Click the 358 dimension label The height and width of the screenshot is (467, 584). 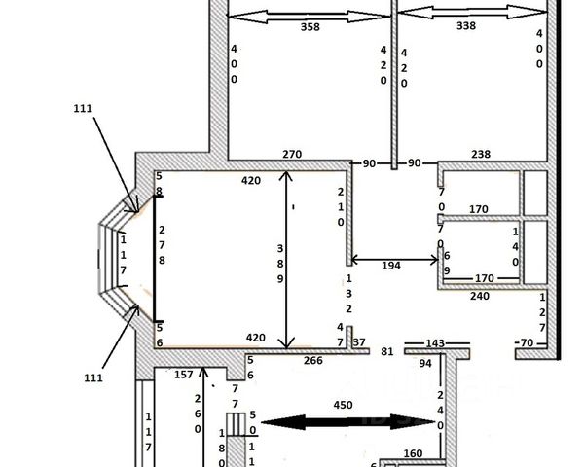pyautogui.click(x=310, y=27)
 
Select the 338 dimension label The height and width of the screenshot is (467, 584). pyautogui.click(x=465, y=26)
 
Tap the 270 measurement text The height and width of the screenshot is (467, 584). pyautogui.click(x=293, y=154)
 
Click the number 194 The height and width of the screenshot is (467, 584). pyautogui.click(x=390, y=267)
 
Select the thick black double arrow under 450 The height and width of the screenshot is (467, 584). pyautogui.click(x=345, y=422)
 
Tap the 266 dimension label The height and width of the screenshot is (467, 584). pyautogui.click(x=312, y=361)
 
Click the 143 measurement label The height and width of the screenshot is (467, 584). pyautogui.click(x=434, y=343)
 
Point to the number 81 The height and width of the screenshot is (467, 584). pyautogui.click(x=386, y=351)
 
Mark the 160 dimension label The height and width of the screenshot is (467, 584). pyautogui.click(x=412, y=453)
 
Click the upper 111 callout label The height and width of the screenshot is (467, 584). pyautogui.click(x=82, y=109)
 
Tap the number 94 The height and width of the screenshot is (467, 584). pyautogui.click(x=424, y=364)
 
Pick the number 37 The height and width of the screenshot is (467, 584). pyautogui.click(x=358, y=342)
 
